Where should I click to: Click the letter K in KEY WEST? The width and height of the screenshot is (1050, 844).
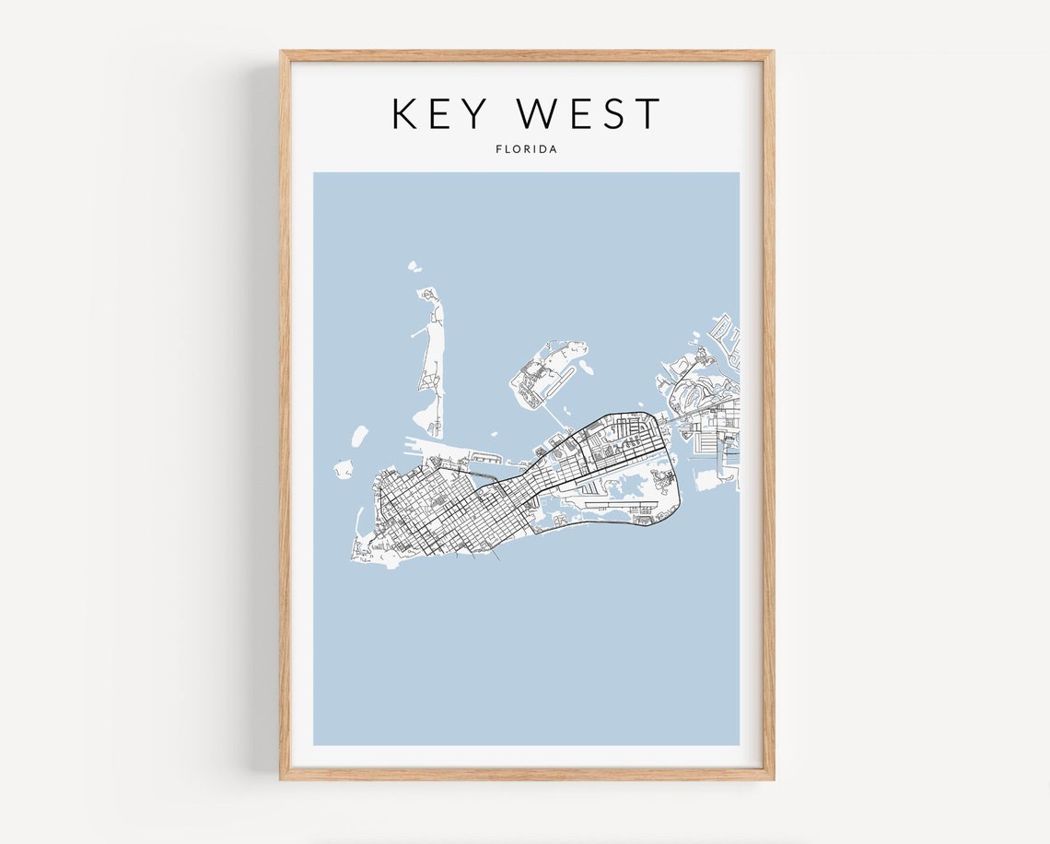tap(405, 113)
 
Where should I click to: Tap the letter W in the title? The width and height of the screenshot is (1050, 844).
tap(541, 113)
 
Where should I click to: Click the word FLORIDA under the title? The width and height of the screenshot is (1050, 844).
tap(526, 149)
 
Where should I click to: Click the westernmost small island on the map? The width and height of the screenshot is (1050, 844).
tap(343, 471)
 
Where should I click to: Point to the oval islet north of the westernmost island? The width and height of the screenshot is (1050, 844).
tap(359, 436)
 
